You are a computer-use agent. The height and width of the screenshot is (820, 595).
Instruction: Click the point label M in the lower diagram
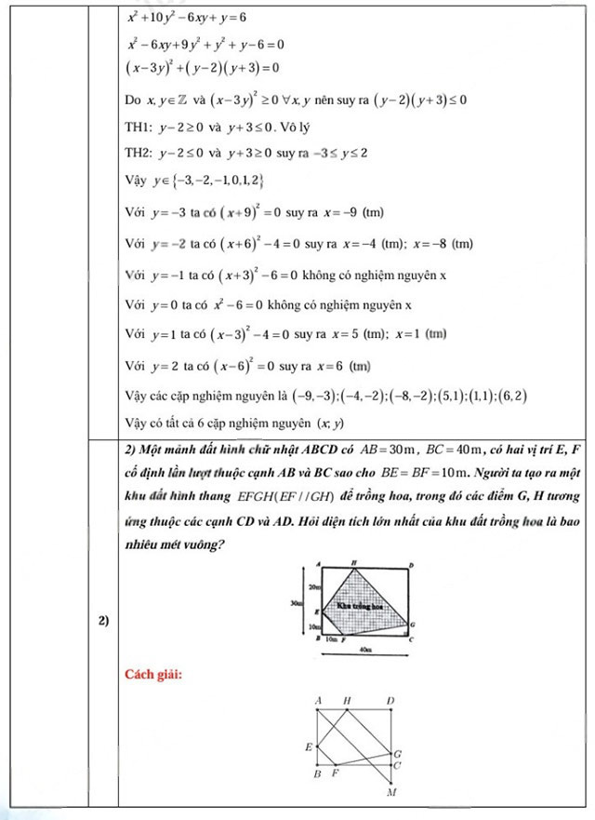(391, 793)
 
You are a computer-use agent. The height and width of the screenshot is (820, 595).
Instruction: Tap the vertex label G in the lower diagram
(398, 753)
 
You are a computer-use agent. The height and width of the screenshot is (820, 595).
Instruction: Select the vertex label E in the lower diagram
(309, 746)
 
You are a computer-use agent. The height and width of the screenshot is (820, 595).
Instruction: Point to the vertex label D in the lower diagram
(390, 699)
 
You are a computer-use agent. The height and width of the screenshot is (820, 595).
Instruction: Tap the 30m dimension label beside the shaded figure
(296, 603)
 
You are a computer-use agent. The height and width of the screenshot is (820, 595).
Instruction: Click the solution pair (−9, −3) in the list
(312, 396)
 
